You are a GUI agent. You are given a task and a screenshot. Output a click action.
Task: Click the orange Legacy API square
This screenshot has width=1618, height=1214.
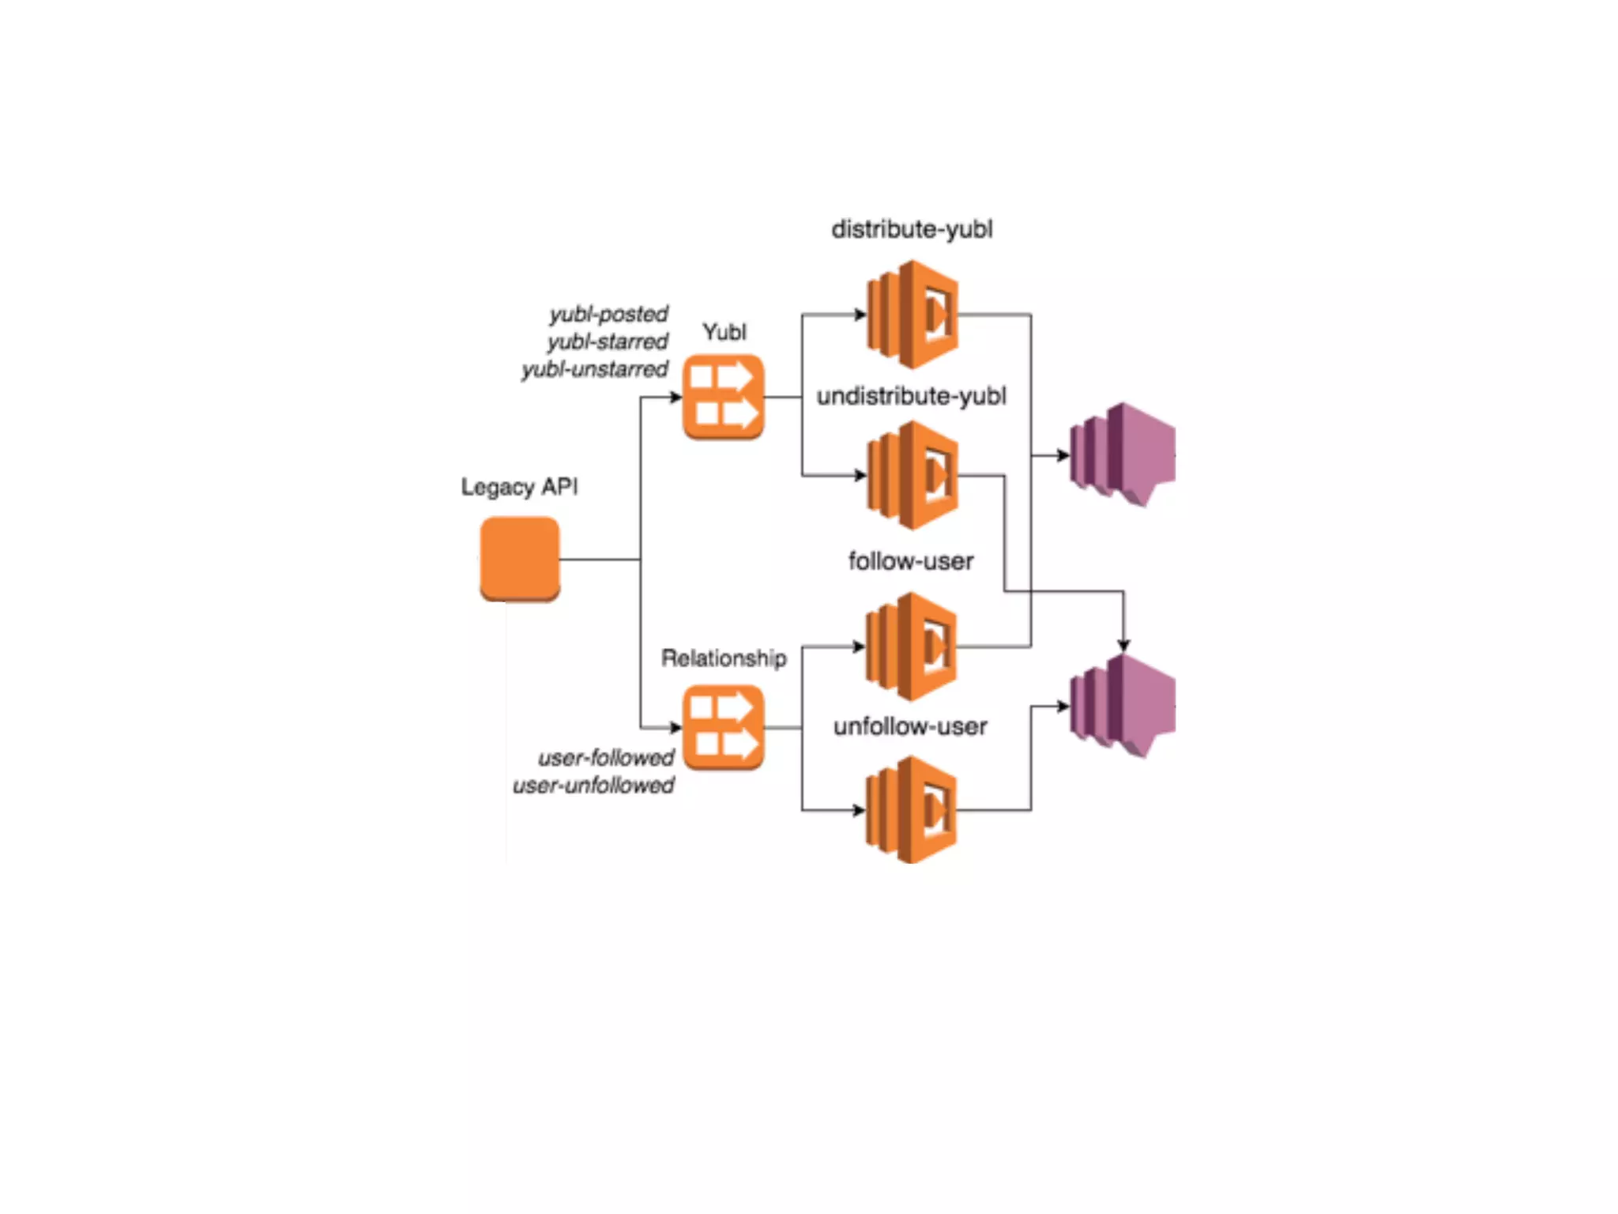point(520,558)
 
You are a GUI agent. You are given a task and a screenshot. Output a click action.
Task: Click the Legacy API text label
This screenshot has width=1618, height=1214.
point(519,487)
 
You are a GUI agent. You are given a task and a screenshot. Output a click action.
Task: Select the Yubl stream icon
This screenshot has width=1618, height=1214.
point(723,397)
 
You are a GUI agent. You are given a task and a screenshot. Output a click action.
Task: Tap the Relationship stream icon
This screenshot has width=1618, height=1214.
point(723,727)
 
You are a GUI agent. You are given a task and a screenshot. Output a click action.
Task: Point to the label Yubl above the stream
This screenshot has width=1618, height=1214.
point(724,332)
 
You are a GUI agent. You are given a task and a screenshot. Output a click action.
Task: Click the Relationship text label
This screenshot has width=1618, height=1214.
point(724,658)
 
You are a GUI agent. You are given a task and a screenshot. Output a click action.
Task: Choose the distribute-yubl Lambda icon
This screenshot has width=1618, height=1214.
point(912,315)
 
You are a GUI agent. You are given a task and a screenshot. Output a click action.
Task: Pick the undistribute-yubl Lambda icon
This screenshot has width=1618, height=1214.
point(912,475)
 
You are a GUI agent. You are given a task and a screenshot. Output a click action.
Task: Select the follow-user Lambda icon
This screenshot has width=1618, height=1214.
point(912,647)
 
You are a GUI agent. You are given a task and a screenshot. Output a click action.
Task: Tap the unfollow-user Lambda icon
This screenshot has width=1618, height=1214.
point(912,809)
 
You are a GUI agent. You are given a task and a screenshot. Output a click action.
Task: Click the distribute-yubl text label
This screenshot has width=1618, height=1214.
point(912,229)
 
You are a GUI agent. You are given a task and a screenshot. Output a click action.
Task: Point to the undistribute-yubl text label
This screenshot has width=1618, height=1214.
point(912,395)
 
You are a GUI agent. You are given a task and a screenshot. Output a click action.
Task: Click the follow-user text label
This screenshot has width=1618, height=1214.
point(911,561)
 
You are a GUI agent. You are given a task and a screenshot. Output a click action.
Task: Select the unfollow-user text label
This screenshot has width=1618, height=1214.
point(910,726)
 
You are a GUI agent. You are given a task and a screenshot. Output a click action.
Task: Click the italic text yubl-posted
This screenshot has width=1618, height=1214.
point(608,314)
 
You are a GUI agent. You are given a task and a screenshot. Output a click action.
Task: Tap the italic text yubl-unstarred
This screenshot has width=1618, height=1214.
point(594,369)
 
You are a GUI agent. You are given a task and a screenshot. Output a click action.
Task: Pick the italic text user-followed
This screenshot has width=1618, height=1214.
point(606,758)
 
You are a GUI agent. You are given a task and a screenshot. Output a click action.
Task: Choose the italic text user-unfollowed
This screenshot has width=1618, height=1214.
point(593,786)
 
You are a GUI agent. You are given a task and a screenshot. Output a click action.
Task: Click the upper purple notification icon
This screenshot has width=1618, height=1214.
point(1122,454)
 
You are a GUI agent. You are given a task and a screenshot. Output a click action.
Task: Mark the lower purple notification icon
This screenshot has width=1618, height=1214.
point(1122,706)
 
